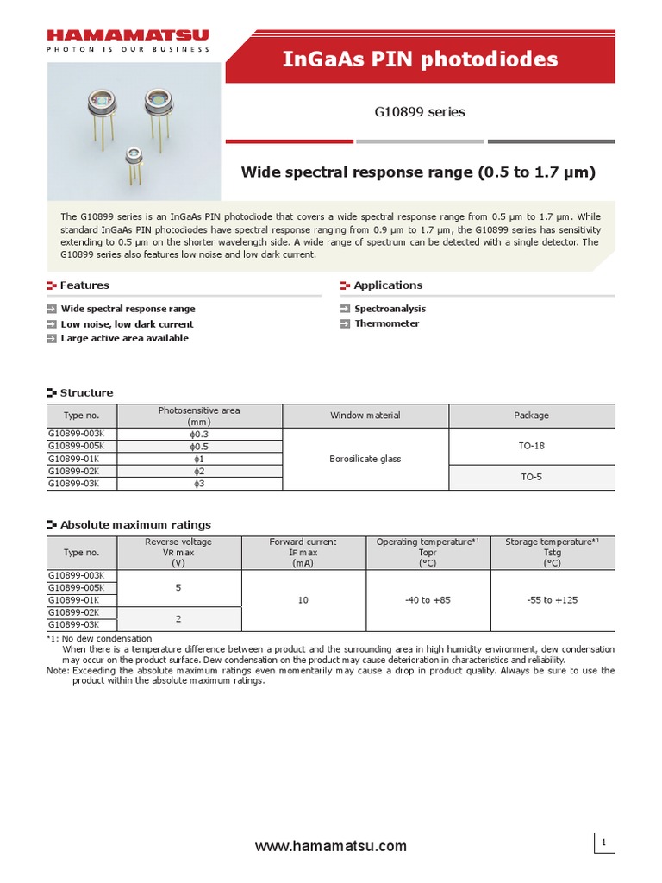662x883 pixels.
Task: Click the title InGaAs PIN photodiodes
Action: (421, 59)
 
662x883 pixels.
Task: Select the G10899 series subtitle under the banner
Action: (420, 112)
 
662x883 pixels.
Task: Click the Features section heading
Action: (84, 285)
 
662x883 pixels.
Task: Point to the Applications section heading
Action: (388, 285)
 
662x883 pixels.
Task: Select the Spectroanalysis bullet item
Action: (390, 309)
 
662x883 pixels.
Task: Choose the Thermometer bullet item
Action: (386, 323)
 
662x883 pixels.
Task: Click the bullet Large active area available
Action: (124, 338)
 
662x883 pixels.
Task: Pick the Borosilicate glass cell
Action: (365, 459)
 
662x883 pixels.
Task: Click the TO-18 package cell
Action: (531, 446)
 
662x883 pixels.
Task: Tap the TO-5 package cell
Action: (531, 477)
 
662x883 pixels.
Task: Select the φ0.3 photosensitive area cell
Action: (199, 434)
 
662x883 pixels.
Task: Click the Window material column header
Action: (365, 416)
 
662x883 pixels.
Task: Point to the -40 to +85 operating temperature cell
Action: (428, 600)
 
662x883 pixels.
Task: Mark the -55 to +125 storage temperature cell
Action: (552, 600)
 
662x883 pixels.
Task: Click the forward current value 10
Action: (303, 600)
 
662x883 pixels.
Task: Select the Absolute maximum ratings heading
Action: (134, 524)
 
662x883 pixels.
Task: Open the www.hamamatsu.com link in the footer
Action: (331, 847)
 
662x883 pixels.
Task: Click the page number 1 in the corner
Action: (604, 842)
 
